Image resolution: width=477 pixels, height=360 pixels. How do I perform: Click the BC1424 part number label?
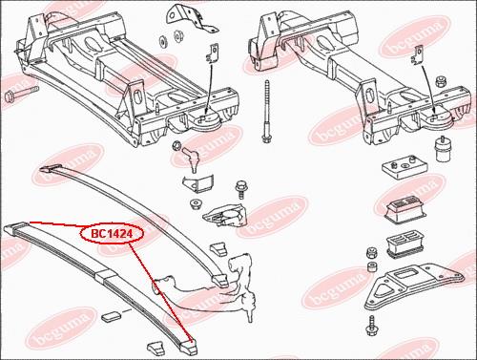pos(112,234)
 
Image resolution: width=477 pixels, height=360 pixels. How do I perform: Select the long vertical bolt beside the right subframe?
pos(266,112)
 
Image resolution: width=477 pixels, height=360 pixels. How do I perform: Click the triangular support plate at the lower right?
pos(413,286)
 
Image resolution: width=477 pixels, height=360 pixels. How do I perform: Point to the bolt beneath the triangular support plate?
pos(371,326)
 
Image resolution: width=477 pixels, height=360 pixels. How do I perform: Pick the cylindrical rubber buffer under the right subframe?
pos(441,150)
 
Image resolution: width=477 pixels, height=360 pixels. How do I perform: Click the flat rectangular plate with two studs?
pos(404,168)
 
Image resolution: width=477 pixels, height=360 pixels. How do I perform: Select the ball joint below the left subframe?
pos(191,157)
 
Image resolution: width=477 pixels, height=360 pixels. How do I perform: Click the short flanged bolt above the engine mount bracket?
pos(240,189)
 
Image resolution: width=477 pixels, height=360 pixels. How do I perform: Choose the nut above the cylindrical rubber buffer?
pos(440,82)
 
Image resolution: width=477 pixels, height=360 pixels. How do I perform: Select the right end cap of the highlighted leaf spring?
pos(190,347)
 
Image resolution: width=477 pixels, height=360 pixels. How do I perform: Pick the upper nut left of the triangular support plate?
pos(370,253)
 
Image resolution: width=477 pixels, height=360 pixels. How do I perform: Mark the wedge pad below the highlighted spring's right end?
pos(156,348)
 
